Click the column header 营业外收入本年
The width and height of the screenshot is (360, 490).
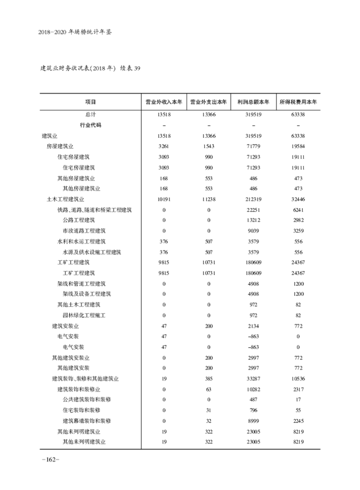coord(164,102)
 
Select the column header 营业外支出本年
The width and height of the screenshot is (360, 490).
coord(209,102)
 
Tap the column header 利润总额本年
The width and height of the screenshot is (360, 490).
coord(253,102)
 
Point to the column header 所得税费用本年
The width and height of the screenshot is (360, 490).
coord(298,102)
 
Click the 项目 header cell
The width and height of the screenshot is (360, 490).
coord(90,102)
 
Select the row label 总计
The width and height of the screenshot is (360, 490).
coord(90,114)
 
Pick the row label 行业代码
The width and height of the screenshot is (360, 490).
coord(90,125)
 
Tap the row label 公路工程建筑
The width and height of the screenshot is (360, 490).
coord(79,220)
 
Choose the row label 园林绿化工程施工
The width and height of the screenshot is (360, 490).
coord(84,315)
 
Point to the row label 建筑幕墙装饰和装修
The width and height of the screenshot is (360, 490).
coord(87,421)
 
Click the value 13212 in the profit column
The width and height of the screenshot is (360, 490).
coord(253,220)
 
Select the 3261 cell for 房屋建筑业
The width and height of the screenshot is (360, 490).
coord(164,146)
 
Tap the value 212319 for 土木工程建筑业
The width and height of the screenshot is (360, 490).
coord(253,199)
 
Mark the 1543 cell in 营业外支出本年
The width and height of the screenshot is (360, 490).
coord(209,146)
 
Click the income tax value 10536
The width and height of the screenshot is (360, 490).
coord(298,379)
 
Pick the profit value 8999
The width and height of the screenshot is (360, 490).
coord(253,421)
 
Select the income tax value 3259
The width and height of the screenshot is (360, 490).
coord(298,231)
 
